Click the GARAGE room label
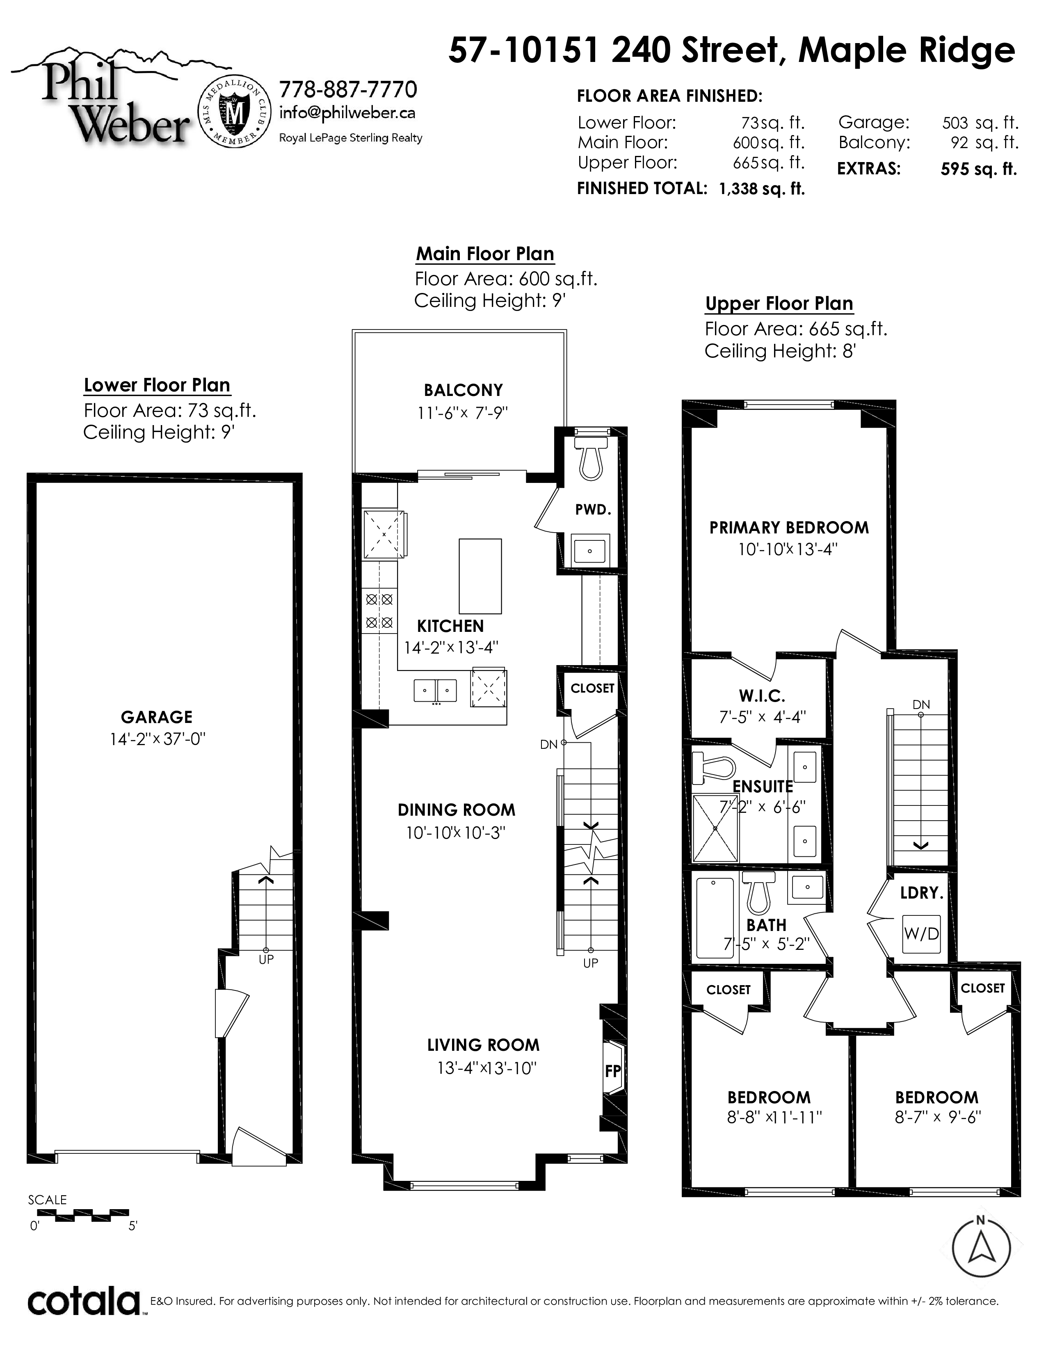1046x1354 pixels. click(157, 717)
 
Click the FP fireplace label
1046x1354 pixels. click(613, 1070)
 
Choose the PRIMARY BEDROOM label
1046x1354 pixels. click(789, 528)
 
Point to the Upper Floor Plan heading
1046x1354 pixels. click(779, 304)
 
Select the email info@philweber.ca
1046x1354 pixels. click(347, 113)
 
